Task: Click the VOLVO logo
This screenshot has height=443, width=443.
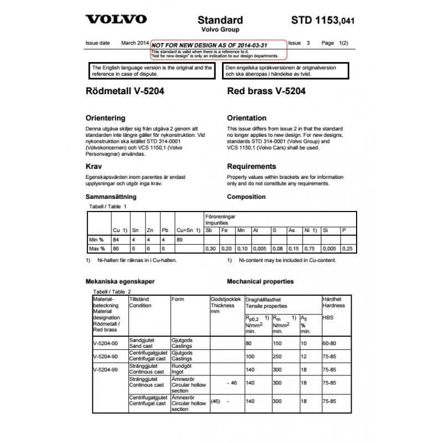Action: (116, 19)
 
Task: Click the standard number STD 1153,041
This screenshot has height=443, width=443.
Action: (323, 20)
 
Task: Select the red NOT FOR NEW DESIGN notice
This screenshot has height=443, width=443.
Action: (218, 49)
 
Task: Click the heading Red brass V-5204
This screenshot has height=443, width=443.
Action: (266, 92)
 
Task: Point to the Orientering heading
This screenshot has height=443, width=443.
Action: (105, 118)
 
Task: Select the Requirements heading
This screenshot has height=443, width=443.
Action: (251, 166)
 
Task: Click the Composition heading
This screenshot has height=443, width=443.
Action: (247, 197)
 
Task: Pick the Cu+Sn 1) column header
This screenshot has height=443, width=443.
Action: (187, 230)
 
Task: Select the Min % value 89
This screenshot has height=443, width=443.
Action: (179, 240)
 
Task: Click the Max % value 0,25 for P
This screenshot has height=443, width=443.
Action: (346, 249)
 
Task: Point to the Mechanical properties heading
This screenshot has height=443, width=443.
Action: (260, 281)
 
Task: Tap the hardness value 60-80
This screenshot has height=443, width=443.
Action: (329, 343)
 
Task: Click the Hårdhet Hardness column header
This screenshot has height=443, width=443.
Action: (333, 302)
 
